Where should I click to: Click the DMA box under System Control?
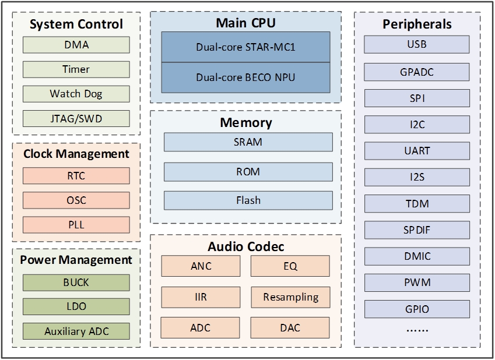click(76, 44)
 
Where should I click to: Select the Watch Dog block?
click(76, 94)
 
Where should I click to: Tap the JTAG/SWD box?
click(76, 119)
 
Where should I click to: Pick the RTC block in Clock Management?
click(76, 176)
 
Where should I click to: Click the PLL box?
click(76, 225)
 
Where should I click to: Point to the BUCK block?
click(76, 283)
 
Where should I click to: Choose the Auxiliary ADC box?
click(76, 332)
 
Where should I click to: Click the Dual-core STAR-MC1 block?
click(245, 47)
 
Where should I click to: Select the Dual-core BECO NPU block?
click(245, 77)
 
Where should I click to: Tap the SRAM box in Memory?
click(248, 142)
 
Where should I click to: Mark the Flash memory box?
click(248, 200)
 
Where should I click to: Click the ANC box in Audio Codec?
click(201, 266)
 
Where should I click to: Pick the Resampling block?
click(290, 297)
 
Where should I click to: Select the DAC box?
click(290, 328)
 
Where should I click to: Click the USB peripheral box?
click(417, 44)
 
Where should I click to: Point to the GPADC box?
click(417, 72)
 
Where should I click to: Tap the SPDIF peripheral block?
click(417, 230)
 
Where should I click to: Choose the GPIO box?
click(417, 309)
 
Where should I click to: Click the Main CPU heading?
click(245, 23)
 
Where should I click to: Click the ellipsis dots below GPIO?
click(417, 330)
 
